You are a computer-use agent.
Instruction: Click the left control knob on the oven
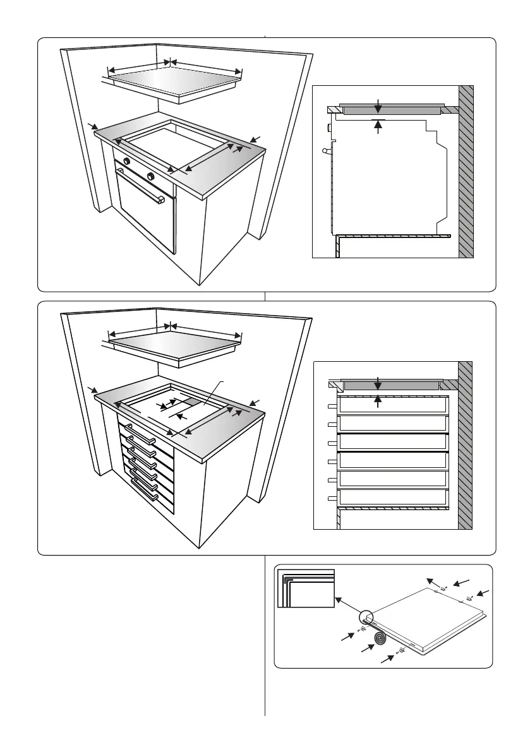click(127, 162)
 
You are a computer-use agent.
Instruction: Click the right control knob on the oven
click(150, 176)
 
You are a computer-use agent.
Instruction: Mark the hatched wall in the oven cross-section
click(466, 170)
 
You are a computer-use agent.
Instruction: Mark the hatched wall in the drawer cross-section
click(466, 445)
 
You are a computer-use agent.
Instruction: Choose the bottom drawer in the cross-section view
click(393, 499)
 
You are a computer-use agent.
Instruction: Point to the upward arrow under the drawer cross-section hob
click(378, 400)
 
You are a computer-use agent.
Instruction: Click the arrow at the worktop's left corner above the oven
click(93, 128)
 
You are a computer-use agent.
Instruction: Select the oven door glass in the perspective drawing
click(144, 215)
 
